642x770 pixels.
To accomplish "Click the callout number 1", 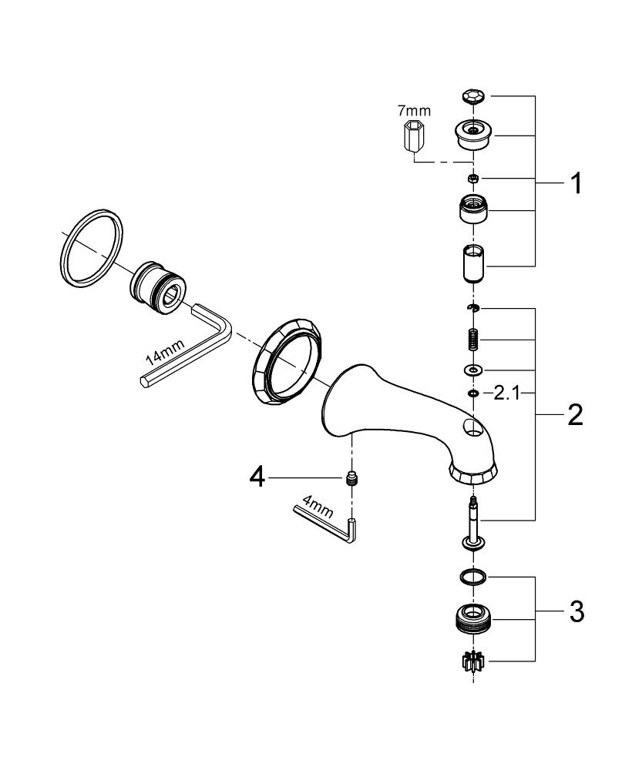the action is [x=576, y=183].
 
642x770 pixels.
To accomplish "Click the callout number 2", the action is [x=575, y=415].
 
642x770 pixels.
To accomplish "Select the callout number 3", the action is [x=576, y=612].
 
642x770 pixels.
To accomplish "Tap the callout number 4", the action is [x=257, y=477].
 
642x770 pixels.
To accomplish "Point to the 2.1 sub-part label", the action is [x=506, y=393].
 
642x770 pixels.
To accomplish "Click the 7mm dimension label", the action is [x=414, y=110].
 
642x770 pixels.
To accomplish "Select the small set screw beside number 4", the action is [x=351, y=478].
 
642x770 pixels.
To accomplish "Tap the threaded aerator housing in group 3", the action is [x=473, y=620].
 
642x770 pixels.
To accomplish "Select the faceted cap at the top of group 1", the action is [x=474, y=95].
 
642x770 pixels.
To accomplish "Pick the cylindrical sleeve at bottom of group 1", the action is [x=473, y=263].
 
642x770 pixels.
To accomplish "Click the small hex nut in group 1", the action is [x=473, y=178].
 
